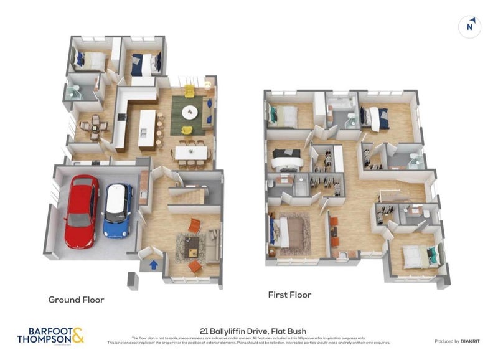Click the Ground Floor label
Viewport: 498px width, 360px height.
pyautogui.click(x=77, y=300)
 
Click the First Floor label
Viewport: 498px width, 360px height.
pyautogui.click(x=289, y=295)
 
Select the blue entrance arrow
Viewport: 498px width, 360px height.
pyautogui.click(x=153, y=265)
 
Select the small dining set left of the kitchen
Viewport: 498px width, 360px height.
pyautogui.click(x=94, y=126)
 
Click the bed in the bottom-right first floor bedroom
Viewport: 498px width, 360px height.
pyautogui.click(x=418, y=257)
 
